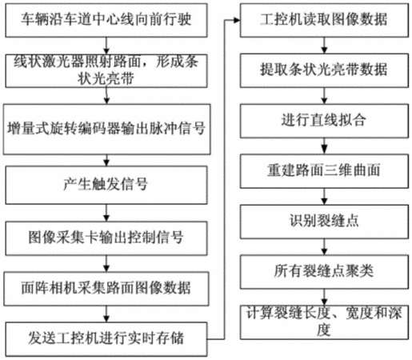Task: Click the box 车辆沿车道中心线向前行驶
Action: tap(106, 20)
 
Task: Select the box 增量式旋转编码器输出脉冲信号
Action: tap(106, 130)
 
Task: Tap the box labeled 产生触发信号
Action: tap(106, 185)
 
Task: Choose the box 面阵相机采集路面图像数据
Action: tap(106, 289)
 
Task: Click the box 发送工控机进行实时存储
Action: tap(106, 339)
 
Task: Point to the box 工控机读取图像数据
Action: tap(324, 20)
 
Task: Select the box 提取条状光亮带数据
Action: tap(324, 70)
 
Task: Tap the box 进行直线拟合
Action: tap(324, 121)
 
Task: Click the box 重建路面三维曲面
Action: tap(324, 171)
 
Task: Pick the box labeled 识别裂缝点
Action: tap(324, 222)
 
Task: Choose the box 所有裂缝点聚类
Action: tap(324, 272)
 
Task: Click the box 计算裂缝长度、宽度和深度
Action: tap(324, 322)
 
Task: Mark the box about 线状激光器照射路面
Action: tap(106, 71)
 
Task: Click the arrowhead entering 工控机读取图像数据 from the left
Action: tap(237, 20)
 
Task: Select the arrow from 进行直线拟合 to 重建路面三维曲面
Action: tap(324, 146)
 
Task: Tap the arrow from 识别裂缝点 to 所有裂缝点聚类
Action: tap(324, 247)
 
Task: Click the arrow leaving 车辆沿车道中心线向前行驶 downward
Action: tap(106, 46)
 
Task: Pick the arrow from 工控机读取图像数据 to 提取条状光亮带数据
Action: tap(324, 46)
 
